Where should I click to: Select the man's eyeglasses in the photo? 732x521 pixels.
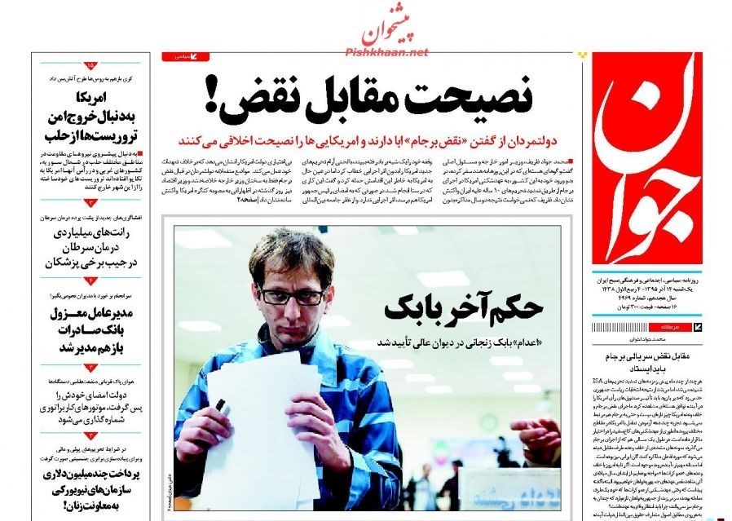(291, 294)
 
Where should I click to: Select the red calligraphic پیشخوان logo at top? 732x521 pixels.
(395, 26)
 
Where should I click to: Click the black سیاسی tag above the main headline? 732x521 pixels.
(187, 57)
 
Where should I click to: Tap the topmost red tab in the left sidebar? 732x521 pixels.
(90, 64)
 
